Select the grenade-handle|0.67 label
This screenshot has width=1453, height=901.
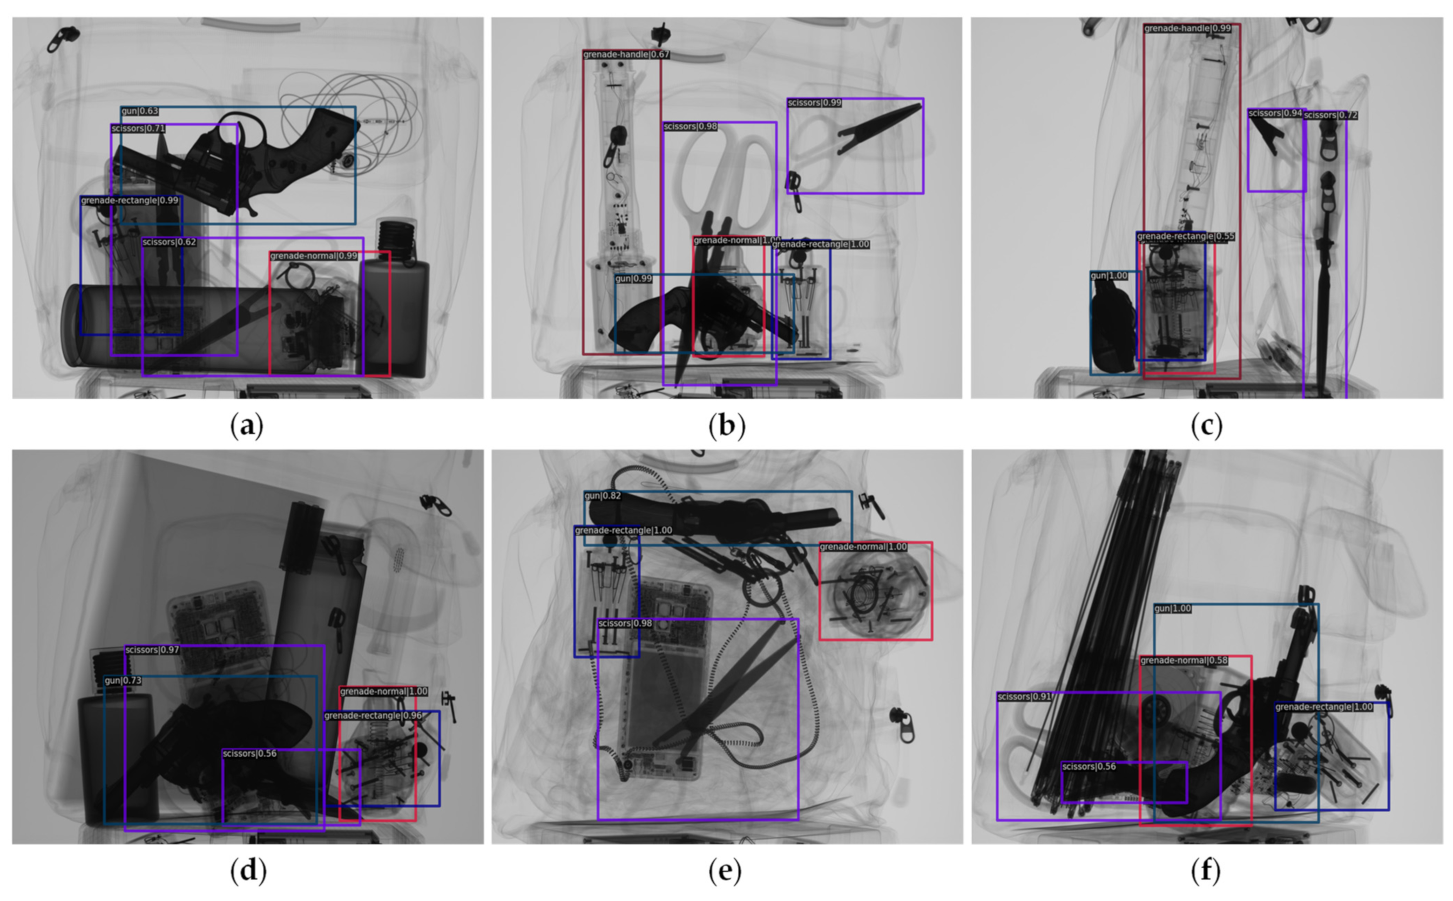pos(626,55)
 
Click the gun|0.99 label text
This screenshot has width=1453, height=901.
pos(633,279)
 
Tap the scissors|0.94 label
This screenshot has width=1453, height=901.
pos(1275,113)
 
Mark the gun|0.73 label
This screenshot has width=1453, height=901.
pos(123,680)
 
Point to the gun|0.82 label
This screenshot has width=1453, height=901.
pos(602,496)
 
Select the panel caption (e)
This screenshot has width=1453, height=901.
pos(725,871)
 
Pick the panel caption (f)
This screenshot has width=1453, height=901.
pos(1206,871)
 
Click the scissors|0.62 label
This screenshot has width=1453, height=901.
pos(168,242)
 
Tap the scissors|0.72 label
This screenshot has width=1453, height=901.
pos(1330,115)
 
